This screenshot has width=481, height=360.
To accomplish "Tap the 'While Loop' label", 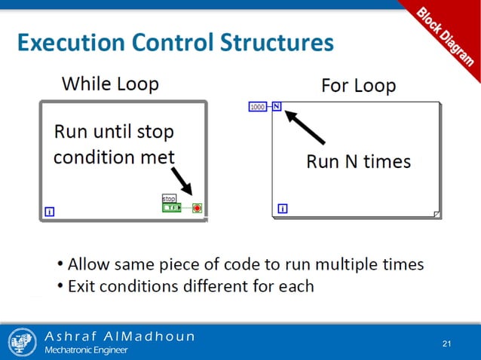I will (110, 83).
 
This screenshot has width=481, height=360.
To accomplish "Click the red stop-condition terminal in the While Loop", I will (198, 207).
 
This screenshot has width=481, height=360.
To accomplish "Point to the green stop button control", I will (173, 207).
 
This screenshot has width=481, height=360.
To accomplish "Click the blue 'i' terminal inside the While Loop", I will (50, 212).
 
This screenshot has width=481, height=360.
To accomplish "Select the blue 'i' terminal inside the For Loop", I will (283, 209).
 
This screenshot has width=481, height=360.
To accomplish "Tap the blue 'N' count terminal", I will (277, 106).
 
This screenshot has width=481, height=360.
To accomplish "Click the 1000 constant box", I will (257, 107).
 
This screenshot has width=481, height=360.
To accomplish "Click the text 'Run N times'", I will (358, 161).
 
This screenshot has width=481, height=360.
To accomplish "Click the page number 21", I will (446, 344).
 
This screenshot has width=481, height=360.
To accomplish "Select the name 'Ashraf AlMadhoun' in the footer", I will (119, 336).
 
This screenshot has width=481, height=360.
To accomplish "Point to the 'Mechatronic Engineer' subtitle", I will (86, 350).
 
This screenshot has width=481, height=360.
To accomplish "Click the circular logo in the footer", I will (22, 342).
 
